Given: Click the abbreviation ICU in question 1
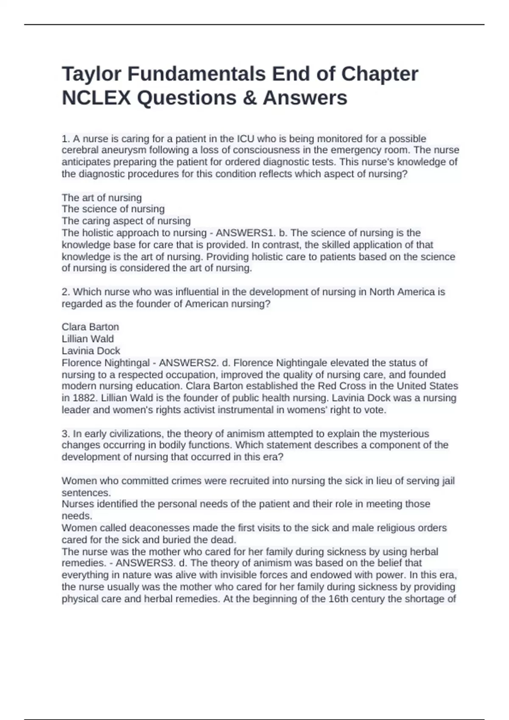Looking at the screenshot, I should click(x=245, y=138).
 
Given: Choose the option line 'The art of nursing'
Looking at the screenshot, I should click(x=102, y=198).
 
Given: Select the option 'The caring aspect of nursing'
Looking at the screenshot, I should click(x=126, y=221).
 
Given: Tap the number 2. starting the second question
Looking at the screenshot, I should click(x=66, y=292).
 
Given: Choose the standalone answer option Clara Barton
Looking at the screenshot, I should click(x=90, y=327).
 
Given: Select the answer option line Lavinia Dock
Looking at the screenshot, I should click(x=91, y=351).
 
